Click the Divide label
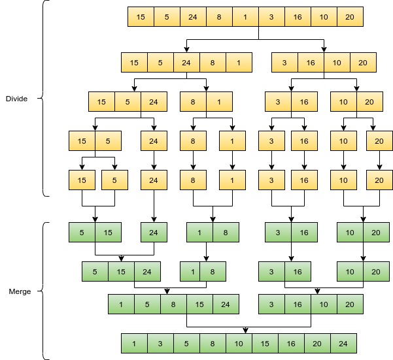click(16, 99)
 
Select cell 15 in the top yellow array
click(141, 17)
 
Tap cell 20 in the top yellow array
click(350, 17)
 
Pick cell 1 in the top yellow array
click(245, 17)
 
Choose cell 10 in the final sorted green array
click(239, 344)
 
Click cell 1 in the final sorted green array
click(134, 344)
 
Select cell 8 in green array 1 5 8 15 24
click(173, 304)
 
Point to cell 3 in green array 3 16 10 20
click(271, 304)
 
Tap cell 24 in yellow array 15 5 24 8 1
click(186, 63)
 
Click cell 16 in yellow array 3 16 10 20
click(311, 63)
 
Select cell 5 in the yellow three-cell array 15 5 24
click(128, 102)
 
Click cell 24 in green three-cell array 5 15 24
click(147, 271)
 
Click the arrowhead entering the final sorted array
click(245, 331)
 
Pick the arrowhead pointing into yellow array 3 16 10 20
click(324, 49)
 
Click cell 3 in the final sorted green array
click(160, 344)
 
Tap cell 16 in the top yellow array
click(298, 17)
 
